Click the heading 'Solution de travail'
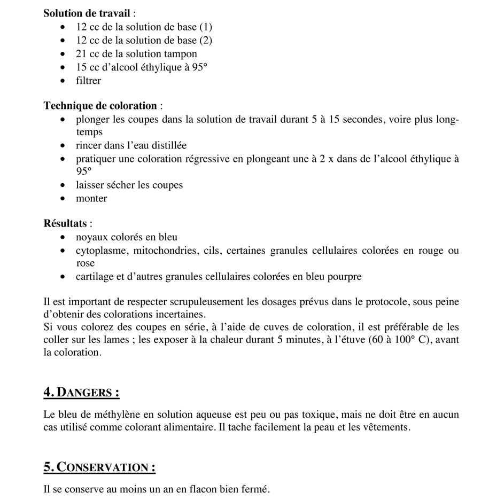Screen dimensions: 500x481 [87, 13]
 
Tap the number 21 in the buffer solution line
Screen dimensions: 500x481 [81, 54]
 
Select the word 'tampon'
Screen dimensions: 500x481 [181, 54]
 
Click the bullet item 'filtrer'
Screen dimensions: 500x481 [88, 81]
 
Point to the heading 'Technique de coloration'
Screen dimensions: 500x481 [100, 106]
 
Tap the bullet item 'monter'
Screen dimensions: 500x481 [91, 198]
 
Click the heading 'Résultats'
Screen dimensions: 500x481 [65, 223]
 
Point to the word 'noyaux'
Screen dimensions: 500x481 [91, 237]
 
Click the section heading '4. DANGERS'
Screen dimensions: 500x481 [81, 393]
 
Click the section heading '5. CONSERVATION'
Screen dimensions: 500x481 [99, 467]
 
